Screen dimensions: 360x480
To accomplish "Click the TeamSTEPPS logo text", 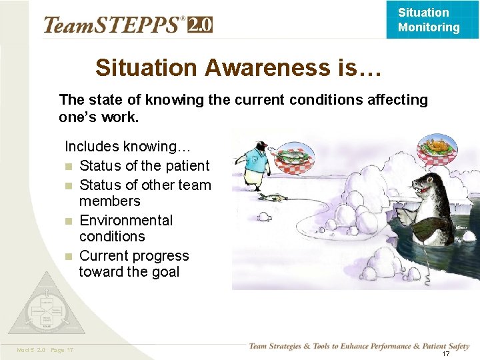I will pos(113,25).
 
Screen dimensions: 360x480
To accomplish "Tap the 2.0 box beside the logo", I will pos(200,25).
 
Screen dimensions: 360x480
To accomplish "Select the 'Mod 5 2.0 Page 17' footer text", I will pos(45,351).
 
